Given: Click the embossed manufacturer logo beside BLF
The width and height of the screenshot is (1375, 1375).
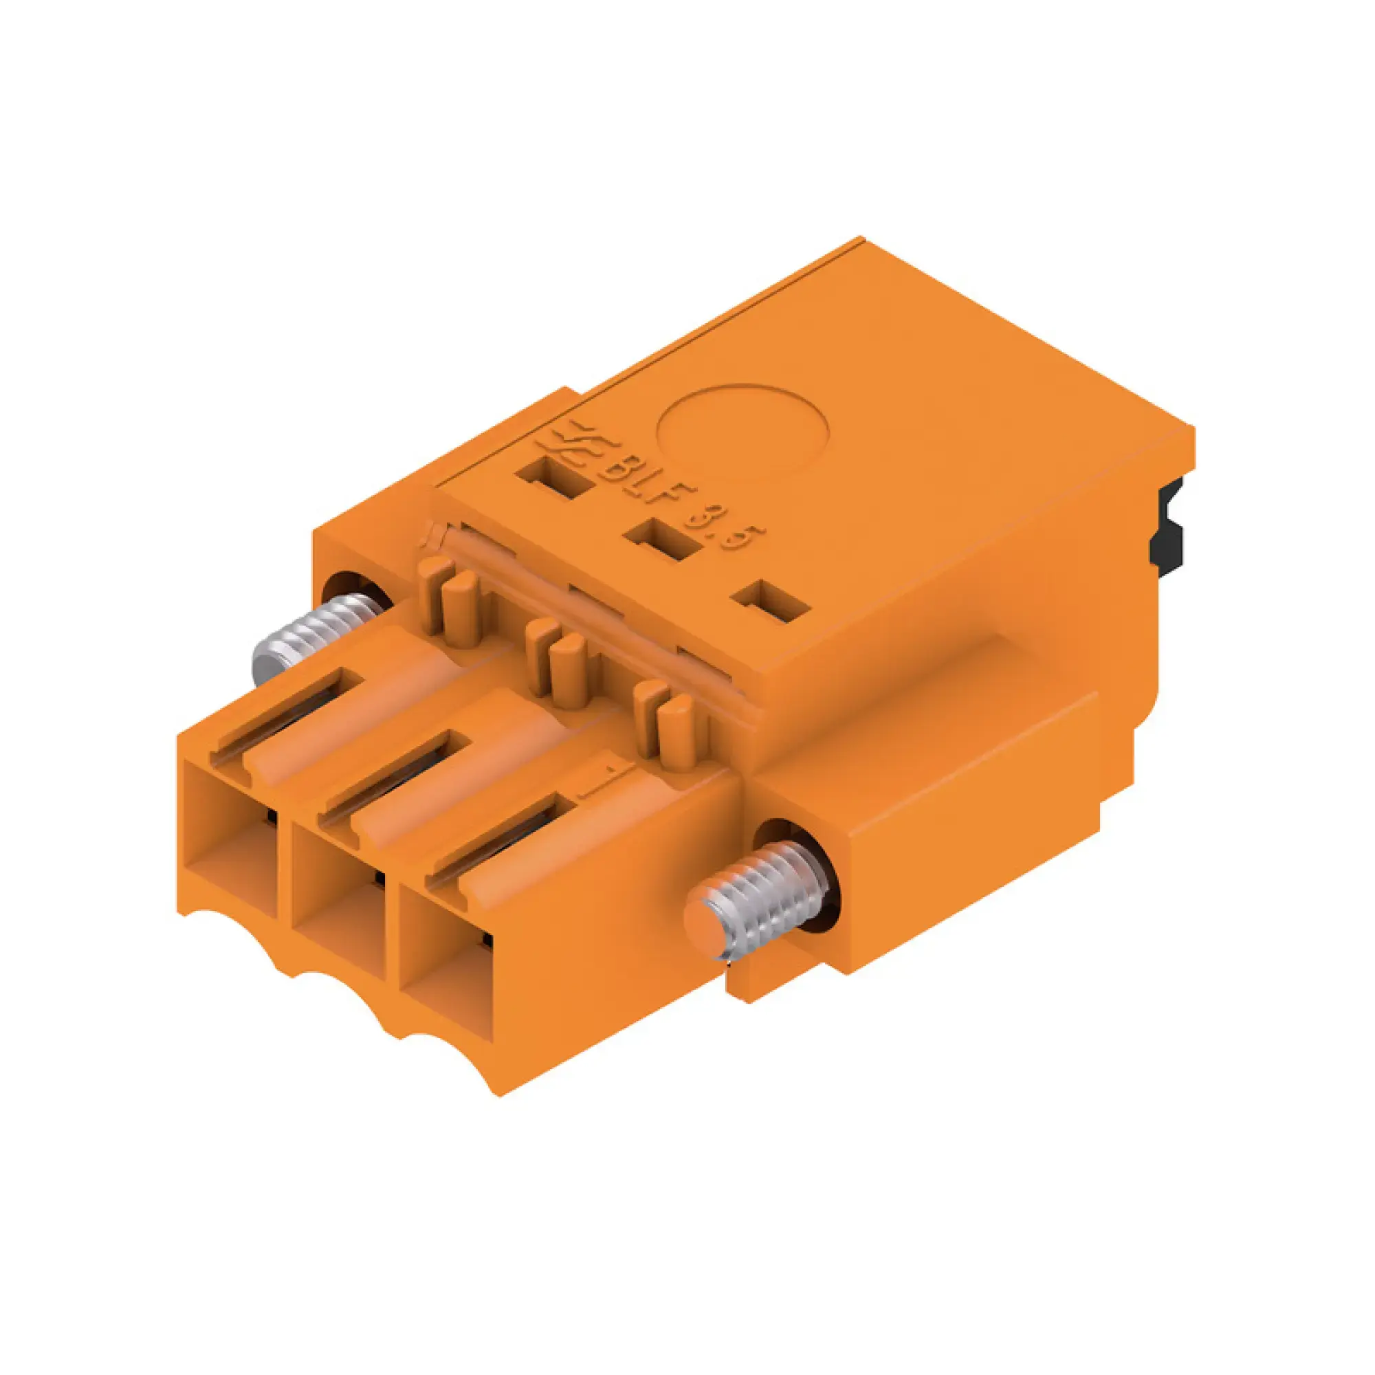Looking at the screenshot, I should pyautogui.click(x=573, y=444).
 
